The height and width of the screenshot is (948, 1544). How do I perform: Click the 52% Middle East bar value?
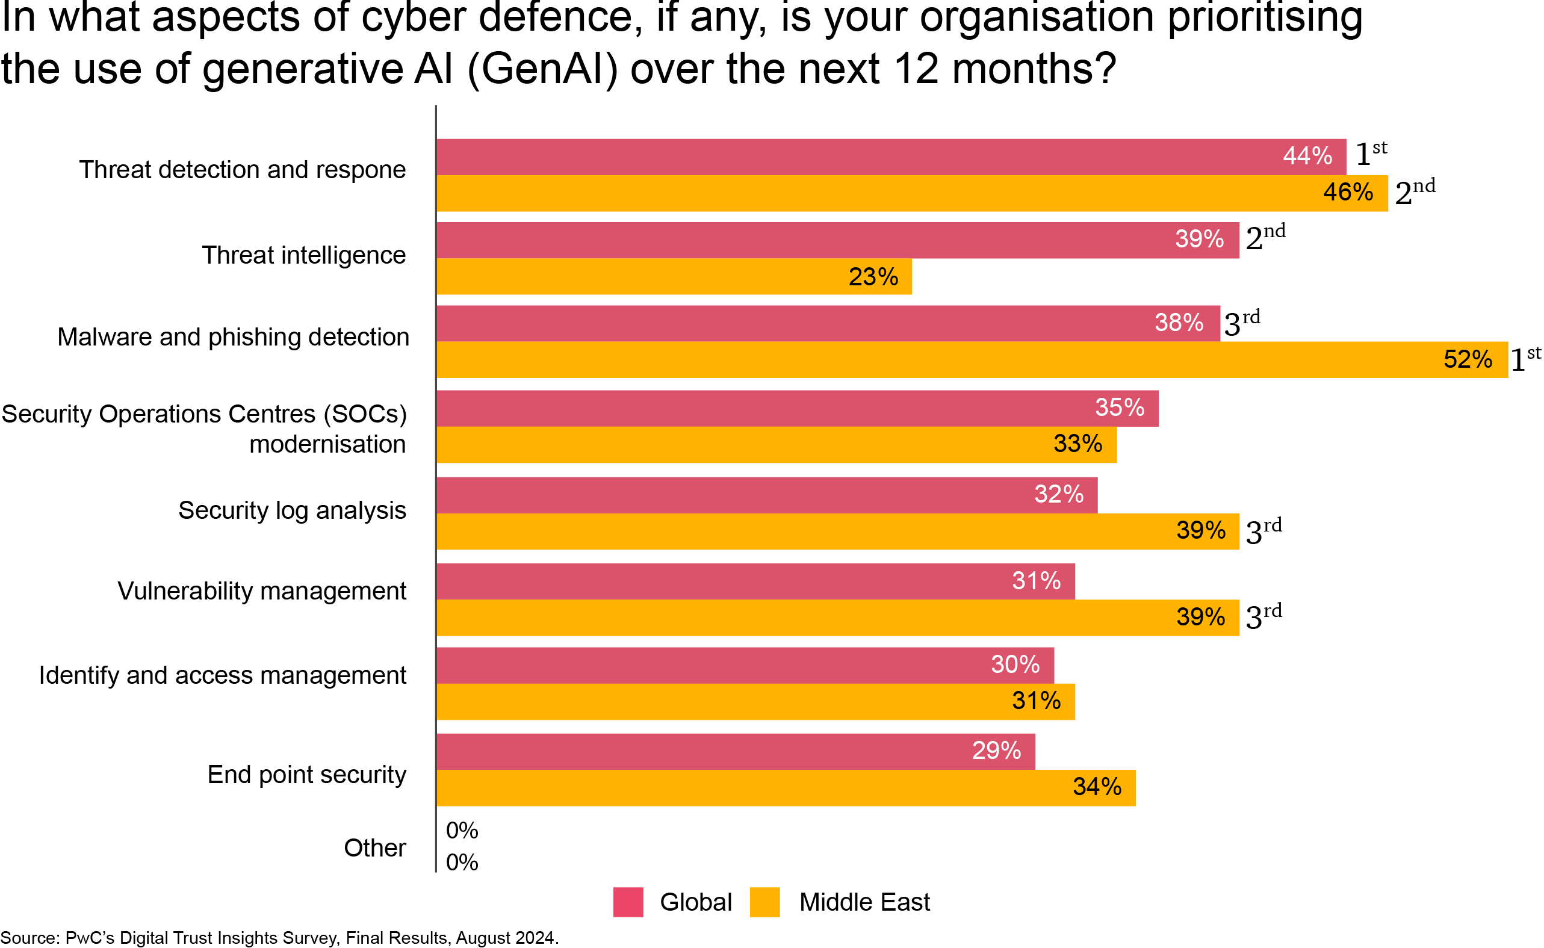(1468, 360)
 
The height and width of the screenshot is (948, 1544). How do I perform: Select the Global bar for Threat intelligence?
(837, 240)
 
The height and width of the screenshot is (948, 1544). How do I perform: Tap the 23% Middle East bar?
(674, 277)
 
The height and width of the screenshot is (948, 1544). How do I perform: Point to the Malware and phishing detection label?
(233, 337)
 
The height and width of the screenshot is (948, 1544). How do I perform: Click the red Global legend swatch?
(628, 902)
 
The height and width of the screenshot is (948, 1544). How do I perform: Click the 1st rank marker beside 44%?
(1371, 153)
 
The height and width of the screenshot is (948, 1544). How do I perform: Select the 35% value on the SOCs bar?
(1120, 407)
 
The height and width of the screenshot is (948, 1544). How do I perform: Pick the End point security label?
(306, 775)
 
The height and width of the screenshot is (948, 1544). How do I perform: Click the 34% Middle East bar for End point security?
(786, 788)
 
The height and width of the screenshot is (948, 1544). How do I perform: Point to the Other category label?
(375, 848)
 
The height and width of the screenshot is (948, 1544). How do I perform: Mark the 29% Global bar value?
(996, 751)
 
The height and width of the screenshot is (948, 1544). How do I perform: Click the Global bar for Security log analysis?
(767, 495)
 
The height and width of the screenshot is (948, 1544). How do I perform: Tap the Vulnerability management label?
(261, 591)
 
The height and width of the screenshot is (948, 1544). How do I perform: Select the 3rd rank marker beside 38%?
(1241, 322)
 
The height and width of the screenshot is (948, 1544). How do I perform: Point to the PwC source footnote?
(279, 938)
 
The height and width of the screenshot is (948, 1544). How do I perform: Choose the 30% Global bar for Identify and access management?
(745, 665)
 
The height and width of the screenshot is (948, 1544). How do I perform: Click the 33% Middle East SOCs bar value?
(1077, 445)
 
